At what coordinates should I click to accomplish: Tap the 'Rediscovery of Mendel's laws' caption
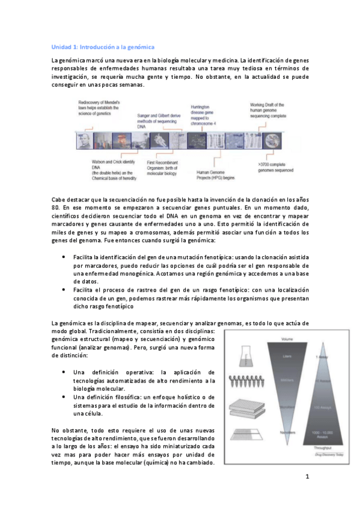pos(100,110)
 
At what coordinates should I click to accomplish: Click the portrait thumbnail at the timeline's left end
pos(84,141)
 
